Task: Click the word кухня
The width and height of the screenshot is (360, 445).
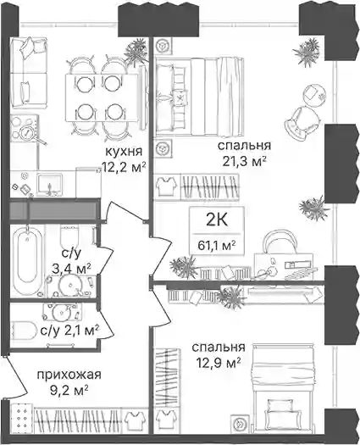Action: tap(124, 152)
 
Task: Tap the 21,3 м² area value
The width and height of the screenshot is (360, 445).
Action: tap(244, 163)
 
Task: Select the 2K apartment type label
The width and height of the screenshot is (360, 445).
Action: tap(217, 220)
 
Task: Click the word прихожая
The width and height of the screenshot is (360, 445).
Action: tap(69, 375)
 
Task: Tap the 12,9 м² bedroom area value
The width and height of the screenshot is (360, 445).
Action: tap(219, 364)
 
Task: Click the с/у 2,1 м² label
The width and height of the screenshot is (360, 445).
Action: tap(70, 330)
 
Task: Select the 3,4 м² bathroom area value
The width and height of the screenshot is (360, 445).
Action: tap(71, 268)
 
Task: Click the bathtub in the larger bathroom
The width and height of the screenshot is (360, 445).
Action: tap(27, 261)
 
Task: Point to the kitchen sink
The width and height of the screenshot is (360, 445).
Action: tap(50, 184)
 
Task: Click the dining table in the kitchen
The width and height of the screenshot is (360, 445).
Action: tap(102, 97)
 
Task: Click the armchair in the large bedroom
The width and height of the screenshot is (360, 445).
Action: tap(302, 123)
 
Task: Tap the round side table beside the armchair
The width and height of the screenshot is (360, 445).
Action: tap(313, 95)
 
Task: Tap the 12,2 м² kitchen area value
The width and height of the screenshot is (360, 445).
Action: tap(125, 168)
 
